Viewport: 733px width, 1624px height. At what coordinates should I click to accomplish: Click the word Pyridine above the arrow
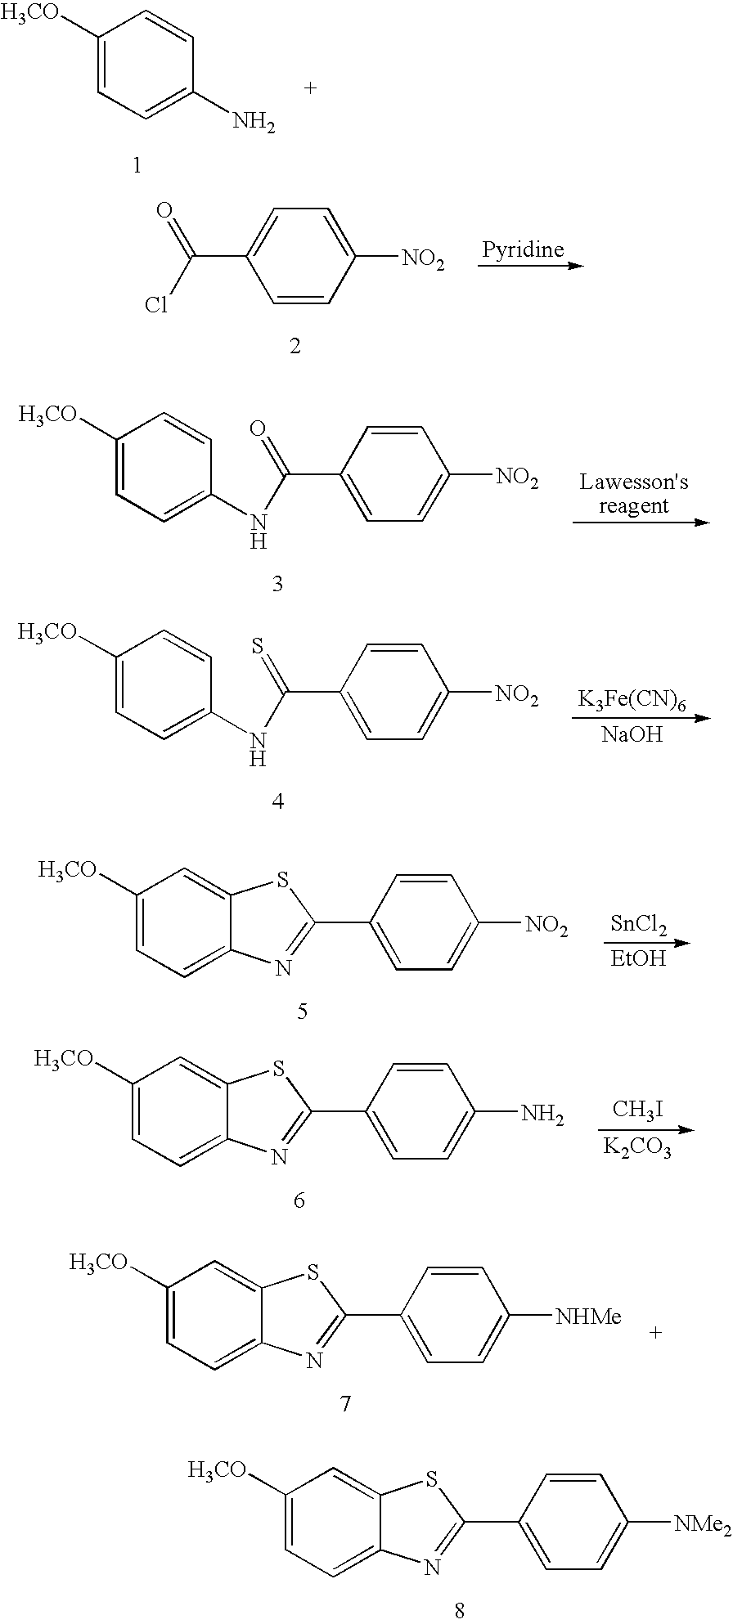523,249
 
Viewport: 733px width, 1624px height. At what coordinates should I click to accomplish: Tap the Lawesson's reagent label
634,493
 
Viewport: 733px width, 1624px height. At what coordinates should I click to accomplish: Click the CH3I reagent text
637,1110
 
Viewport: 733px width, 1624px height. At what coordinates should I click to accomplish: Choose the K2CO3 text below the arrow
637,1148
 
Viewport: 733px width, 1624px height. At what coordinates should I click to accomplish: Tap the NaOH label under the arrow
632,734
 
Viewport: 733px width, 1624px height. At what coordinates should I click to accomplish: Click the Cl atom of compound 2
156,306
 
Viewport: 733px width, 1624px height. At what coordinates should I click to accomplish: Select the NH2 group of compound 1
254,123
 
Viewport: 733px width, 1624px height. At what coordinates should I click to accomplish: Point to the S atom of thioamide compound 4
257,648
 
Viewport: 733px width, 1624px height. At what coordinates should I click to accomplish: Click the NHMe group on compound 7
589,1317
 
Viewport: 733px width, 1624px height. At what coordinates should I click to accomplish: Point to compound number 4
277,801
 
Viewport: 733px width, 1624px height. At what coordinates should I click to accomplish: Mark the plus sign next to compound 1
310,87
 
